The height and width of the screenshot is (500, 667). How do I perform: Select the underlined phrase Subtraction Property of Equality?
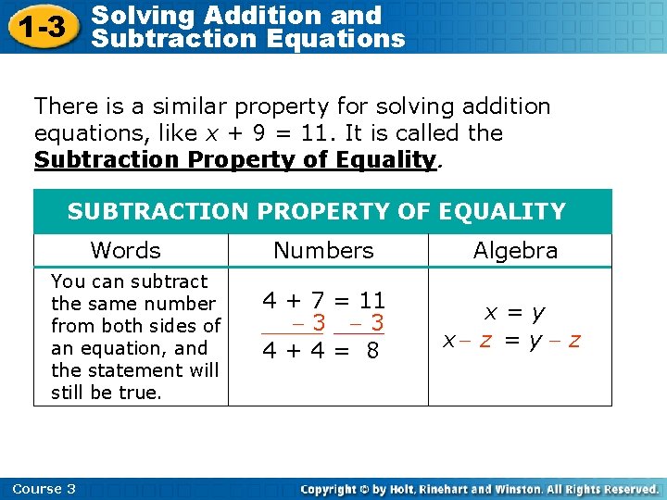pyautogui.click(x=234, y=159)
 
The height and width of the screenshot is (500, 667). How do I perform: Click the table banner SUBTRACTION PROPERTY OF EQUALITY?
pyautogui.click(x=317, y=212)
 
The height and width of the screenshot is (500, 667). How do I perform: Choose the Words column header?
pyautogui.click(x=125, y=250)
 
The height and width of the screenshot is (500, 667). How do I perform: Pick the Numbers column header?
pyautogui.click(x=323, y=250)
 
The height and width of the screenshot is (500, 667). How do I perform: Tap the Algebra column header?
pyautogui.click(x=515, y=250)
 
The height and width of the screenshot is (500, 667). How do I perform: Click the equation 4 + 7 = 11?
pyautogui.click(x=323, y=300)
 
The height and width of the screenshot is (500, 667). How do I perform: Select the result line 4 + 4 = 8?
pyautogui.click(x=321, y=351)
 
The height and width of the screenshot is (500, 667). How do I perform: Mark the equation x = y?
pyautogui.click(x=515, y=314)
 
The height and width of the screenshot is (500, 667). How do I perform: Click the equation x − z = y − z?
pyautogui.click(x=511, y=340)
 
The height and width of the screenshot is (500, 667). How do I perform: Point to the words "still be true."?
pyautogui.click(x=106, y=393)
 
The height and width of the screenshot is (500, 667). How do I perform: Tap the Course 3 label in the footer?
pyautogui.click(x=44, y=489)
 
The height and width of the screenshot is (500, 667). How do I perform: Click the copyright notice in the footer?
pyautogui.click(x=480, y=489)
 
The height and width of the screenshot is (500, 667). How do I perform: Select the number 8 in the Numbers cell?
pyautogui.click(x=372, y=352)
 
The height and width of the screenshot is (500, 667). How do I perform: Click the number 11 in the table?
pyautogui.click(x=372, y=300)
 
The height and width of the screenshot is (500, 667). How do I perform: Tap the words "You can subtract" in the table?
pyautogui.click(x=130, y=281)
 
